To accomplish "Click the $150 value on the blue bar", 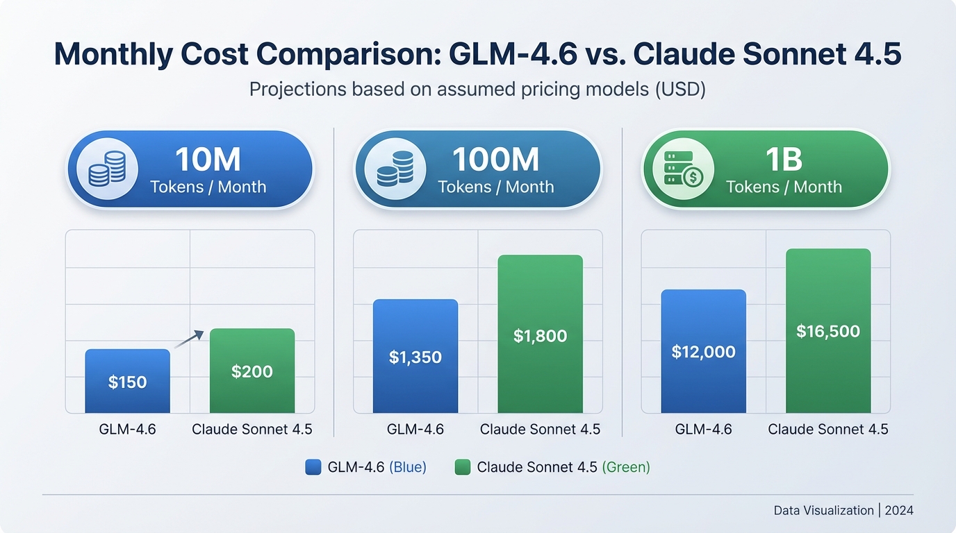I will [127, 382].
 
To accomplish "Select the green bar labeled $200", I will [252, 371].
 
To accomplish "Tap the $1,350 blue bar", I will [415, 357].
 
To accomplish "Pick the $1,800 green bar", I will [540, 336].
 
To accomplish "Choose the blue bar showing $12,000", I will [703, 352].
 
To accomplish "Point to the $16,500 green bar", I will [828, 331].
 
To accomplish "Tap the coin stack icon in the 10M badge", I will [107, 169].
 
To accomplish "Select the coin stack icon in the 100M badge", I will [395, 169].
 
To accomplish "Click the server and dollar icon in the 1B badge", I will [683, 169].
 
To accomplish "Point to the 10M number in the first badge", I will [208, 160].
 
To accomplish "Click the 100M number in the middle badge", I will [495, 160].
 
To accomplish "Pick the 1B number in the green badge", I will [784, 160].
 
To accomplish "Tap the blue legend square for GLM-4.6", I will [313, 467].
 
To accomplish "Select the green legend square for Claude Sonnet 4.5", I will [463, 467].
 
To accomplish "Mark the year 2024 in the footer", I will [900, 510].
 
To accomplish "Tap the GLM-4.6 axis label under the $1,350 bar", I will [415, 430].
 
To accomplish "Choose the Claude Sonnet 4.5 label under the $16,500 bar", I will [828, 430].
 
